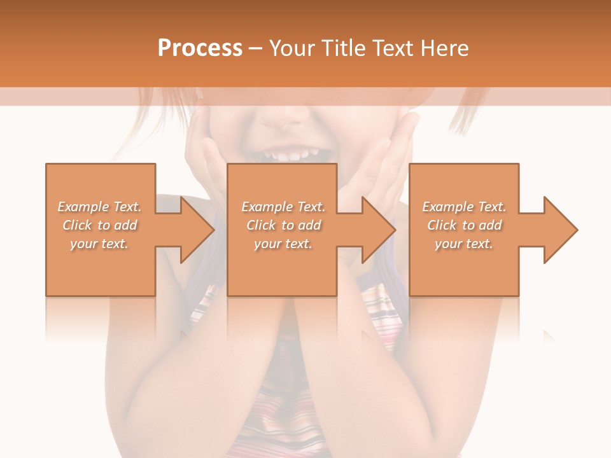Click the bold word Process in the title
200,48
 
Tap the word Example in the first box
83,207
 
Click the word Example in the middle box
267,207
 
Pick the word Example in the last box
447,207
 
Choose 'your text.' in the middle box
283,244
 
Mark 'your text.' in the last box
463,244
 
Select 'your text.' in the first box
99,244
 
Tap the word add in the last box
490,225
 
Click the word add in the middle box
309,225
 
